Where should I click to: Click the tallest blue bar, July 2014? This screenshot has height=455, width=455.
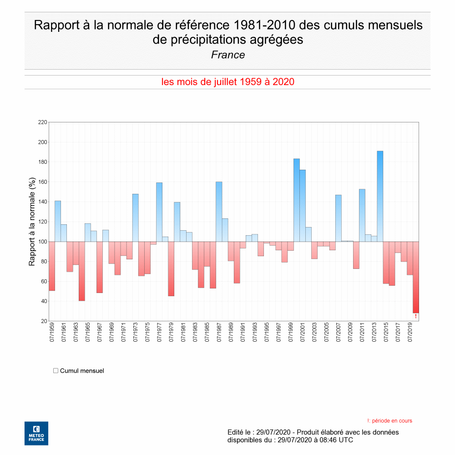point(380,196)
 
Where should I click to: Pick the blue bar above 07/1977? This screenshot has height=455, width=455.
point(159,212)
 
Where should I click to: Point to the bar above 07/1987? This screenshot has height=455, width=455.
point(219,212)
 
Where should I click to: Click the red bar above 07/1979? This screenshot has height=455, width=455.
point(171,268)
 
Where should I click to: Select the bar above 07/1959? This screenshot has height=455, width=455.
point(52,266)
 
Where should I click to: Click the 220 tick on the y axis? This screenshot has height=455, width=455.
point(43,122)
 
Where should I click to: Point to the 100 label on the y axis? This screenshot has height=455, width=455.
point(43,242)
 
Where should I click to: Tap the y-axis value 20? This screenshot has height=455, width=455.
point(44,321)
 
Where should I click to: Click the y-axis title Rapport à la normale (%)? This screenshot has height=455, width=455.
point(32,222)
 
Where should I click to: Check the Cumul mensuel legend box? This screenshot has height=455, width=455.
point(56,371)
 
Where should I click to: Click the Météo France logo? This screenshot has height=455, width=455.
point(36,433)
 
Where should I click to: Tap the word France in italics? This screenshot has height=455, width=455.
point(228,55)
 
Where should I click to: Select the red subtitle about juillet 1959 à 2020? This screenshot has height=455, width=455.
point(227,82)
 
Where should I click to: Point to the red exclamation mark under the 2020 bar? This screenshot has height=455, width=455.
point(415,316)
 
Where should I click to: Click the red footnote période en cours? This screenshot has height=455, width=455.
point(389,421)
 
